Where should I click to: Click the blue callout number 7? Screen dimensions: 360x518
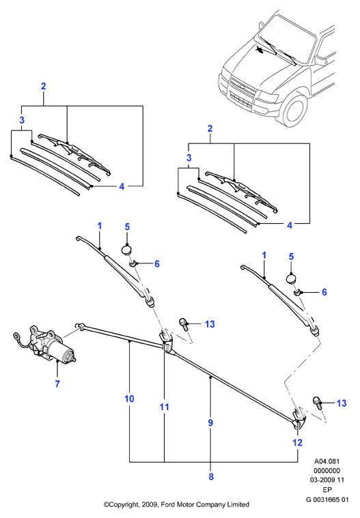tap(57, 384)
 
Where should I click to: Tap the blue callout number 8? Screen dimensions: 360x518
tap(211, 476)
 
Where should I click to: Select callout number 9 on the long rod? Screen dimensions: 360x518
tap(210, 423)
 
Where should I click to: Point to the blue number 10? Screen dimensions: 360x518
tap(129, 399)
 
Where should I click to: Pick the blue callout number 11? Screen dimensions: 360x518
tap(165, 407)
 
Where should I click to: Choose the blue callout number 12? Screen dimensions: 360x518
tap(298, 443)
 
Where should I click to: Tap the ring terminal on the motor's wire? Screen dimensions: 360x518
tap(16, 336)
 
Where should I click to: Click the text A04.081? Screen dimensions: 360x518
tap(327, 461)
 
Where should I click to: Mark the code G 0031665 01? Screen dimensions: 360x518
tap(327, 500)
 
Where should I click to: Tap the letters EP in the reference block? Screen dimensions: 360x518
tap(327, 490)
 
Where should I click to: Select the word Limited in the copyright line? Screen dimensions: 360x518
tap(238, 504)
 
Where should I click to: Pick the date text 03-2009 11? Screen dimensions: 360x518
tap(327, 480)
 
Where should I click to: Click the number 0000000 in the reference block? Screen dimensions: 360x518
tap(327, 471)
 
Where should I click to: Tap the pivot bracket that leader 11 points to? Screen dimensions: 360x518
tap(167, 342)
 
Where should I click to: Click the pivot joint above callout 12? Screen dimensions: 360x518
tap(299, 419)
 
